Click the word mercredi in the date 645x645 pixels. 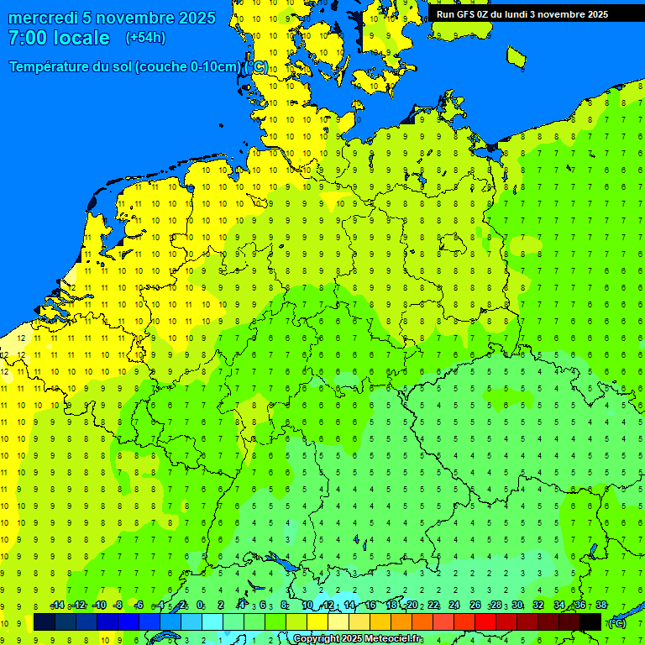point(43,18)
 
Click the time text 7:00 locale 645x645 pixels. point(59,38)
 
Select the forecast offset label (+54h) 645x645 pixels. point(145,38)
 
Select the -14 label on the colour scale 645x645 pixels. point(57,606)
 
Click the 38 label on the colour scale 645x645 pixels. point(600,606)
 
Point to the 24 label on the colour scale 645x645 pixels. point(454,606)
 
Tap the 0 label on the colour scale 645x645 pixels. point(200,606)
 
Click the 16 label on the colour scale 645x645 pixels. point(370,606)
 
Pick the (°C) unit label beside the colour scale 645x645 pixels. point(617,622)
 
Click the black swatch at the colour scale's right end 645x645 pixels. point(590,622)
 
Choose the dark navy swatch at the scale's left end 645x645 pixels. point(45,622)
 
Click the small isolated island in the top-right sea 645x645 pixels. point(517,56)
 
